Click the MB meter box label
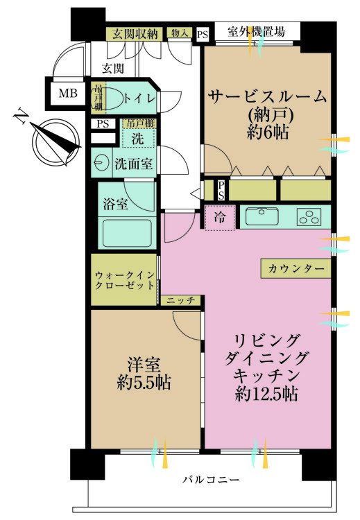click(x=68, y=93)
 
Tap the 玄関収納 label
click(x=135, y=34)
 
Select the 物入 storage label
click(x=180, y=33)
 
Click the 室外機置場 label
click(x=256, y=31)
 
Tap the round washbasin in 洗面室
click(x=101, y=163)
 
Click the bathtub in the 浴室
click(x=127, y=232)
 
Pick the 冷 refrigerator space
click(x=220, y=218)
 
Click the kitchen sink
click(x=262, y=216)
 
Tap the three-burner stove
click(x=309, y=216)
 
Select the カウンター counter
click(x=295, y=268)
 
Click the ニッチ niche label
click(x=181, y=301)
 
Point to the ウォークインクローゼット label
click(x=125, y=280)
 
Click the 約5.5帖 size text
click(x=144, y=383)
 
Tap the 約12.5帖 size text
click(x=266, y=394)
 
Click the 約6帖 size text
click(x=268, y=132)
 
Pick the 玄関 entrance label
click(x=113, y=68)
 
